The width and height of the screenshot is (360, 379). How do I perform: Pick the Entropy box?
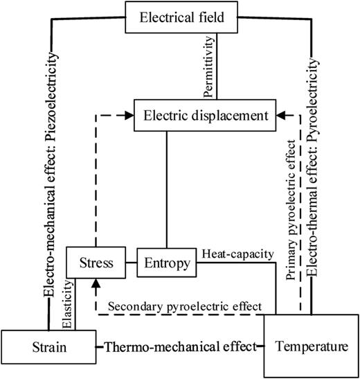[x=165, y=263]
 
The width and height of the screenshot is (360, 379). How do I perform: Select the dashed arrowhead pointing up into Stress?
[x=93, y=282]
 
